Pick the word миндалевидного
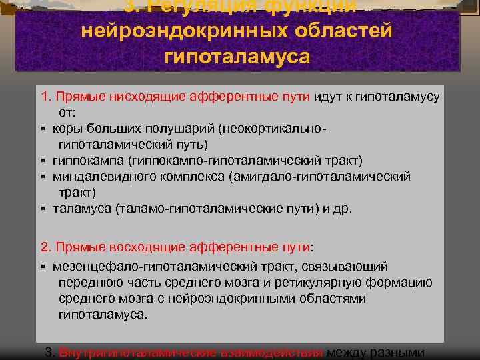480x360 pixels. (x=100, y=177)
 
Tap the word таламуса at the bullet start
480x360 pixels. (x=81, y=209)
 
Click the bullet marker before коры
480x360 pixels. (x=42, y=128)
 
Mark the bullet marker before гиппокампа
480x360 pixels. (x=42, y=161)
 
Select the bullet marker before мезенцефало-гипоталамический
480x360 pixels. (x=42, y=267)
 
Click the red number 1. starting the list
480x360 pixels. (x=45, y=96)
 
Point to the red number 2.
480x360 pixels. (x=45, y=247)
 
